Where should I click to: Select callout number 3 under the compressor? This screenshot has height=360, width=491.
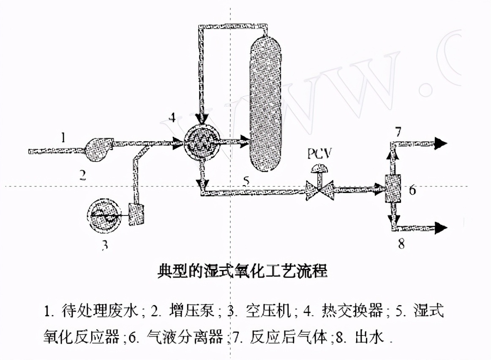coord(104,245)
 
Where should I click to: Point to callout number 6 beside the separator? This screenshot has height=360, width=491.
coord(412,190)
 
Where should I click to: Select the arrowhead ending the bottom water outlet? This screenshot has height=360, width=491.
coord(441,228)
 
